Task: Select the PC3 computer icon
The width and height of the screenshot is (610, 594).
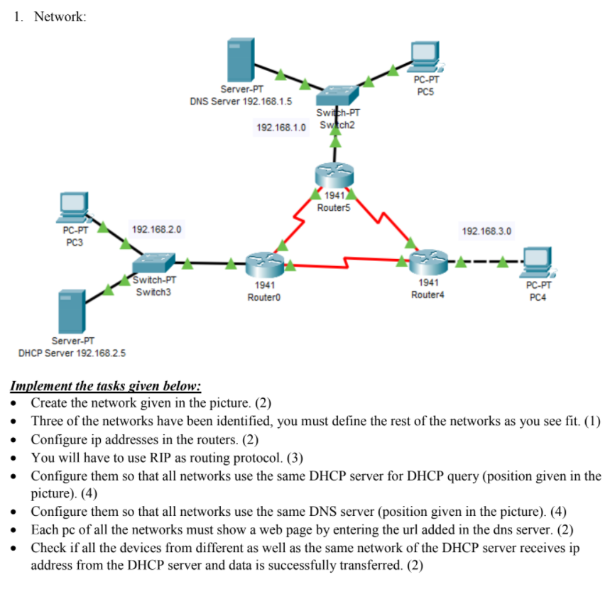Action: tap(74, 207)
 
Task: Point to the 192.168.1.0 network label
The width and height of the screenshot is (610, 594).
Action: tap(282, 128)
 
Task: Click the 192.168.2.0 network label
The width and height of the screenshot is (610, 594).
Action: tap(157, 230)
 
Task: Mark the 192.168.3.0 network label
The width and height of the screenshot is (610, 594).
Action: tap(486, 231)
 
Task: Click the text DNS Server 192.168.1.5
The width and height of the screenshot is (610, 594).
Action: tap(241, 101)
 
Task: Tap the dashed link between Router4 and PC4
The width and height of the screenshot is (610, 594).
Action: tap(483, 263)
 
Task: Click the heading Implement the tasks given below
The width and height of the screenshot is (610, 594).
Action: tap(106, 387)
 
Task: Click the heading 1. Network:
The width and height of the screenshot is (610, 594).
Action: tap(50, 17)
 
